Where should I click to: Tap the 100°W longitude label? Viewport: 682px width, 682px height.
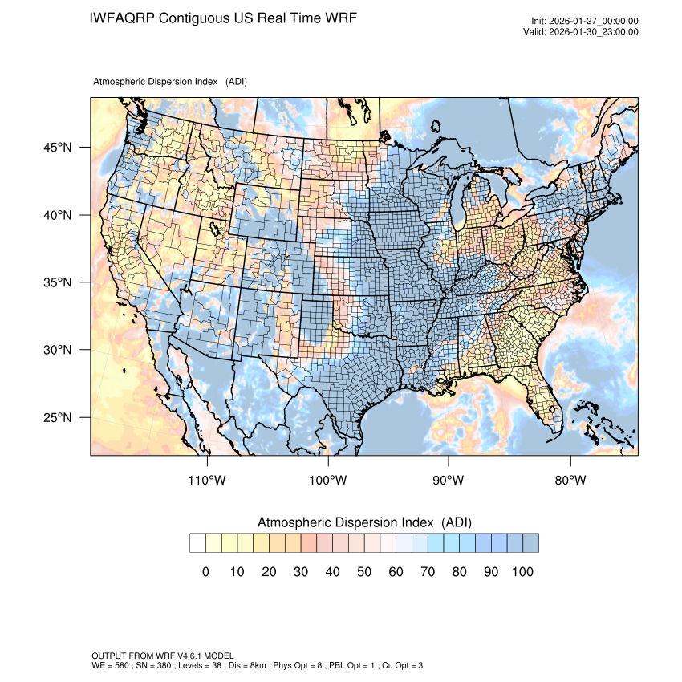(x=328, y=481)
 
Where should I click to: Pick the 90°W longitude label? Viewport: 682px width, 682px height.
(x=449, y=481)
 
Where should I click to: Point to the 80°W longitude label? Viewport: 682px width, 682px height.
(x=570, y=481)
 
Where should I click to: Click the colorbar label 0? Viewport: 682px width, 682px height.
(x=205, y=572)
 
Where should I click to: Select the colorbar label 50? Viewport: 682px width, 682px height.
(x=364, y=572)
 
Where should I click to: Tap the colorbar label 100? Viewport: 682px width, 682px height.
(x=522, y=572)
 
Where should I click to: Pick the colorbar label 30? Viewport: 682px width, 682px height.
(x=301, y=572)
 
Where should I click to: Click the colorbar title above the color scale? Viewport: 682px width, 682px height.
(x=363, y=522)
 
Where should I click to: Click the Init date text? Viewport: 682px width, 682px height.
(x=585, y=21)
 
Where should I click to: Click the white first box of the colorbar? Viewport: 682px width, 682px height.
(x=197, y=543)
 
